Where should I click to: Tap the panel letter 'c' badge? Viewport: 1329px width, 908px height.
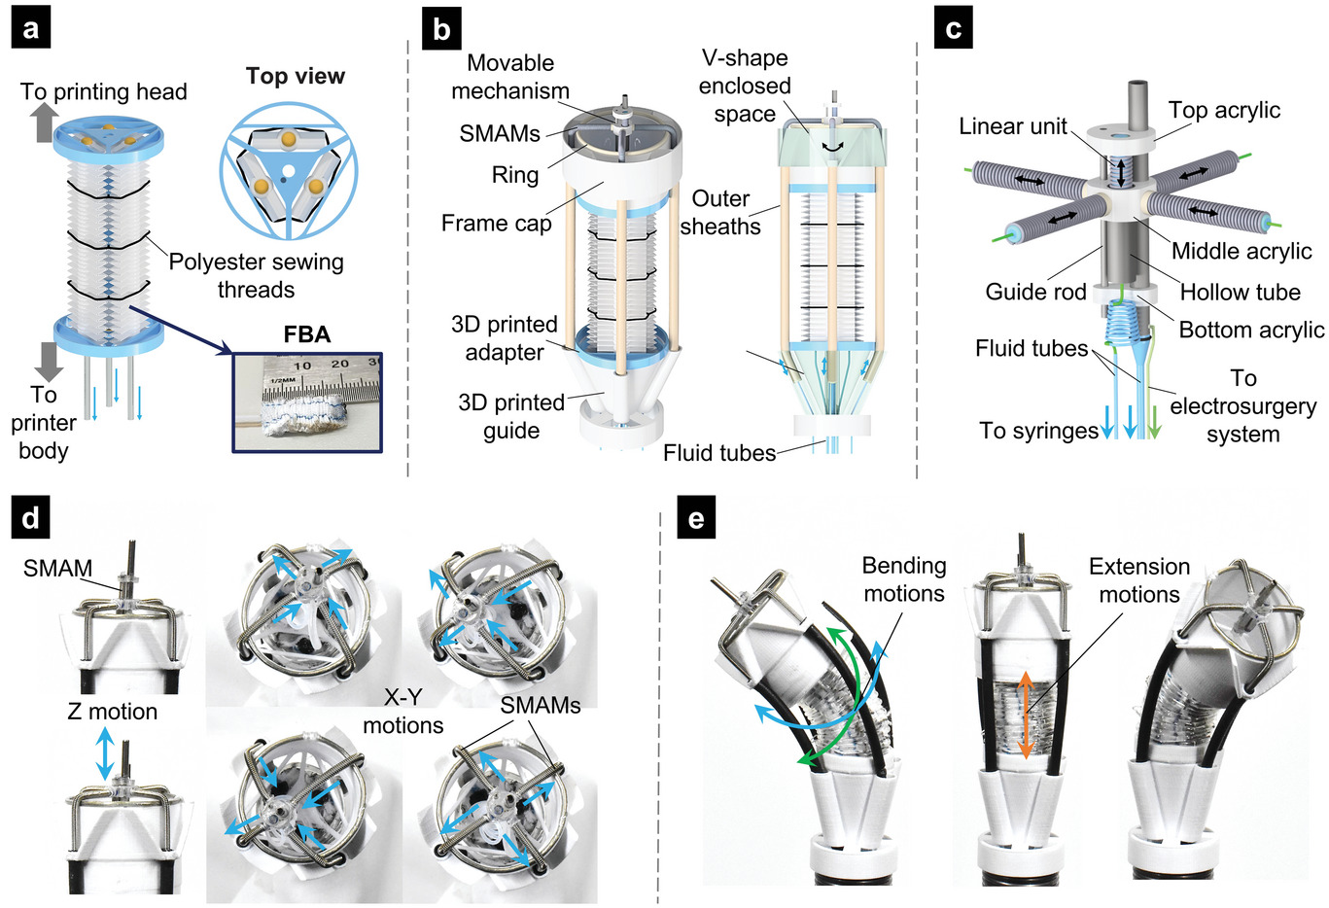[953, 29]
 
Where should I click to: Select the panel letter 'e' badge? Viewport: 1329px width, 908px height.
[695, 519]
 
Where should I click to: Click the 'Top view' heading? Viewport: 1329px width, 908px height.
[295, 76]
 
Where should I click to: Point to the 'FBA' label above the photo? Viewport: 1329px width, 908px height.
[307, 334]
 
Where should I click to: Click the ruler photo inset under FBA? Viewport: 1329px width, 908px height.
[307, 402]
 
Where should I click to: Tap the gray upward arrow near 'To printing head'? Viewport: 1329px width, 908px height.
[44, 122]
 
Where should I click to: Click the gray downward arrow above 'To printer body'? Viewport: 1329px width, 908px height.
[47, 360]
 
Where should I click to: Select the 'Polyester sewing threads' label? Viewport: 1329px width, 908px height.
[256, 275]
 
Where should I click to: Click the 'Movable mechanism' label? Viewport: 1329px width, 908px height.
[510, 77]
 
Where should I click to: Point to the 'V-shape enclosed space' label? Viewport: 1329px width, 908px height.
[745, 86]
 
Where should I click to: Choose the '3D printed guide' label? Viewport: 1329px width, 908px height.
[511, 416]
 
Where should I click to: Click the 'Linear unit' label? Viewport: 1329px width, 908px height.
[1013, 126]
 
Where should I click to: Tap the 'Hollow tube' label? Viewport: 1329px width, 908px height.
[1240, 292]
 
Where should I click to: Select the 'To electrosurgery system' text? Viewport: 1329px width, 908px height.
[1242, 405]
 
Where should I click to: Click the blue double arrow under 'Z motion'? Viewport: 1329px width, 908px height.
[105, 754]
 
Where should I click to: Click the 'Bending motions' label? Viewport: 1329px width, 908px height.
[903, 579]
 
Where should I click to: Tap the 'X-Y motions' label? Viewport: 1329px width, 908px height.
[402, 711]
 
